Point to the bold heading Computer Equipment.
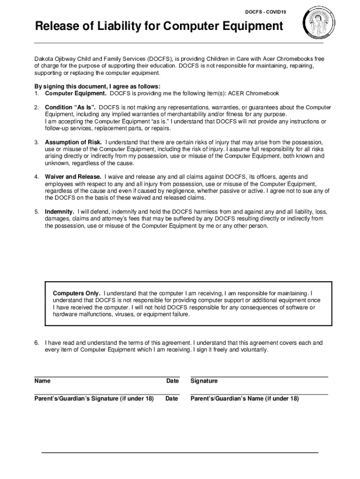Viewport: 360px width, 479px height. pos(76,93)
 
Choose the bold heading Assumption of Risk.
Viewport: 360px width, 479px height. pos(73,142)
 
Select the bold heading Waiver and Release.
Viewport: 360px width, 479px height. pos(73,177)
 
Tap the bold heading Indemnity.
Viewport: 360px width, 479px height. pos(59,211)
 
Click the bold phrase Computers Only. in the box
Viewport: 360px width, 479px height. pos(76,293)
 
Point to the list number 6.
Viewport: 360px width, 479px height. pos(36,343)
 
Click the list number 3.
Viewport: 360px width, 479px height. pos(36,142)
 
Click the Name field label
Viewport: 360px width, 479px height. pos(43,381)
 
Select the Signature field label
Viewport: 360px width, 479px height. pos(204,381)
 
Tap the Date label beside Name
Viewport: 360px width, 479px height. pos(173,381)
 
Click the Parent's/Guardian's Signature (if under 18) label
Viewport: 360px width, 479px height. pos(94,399)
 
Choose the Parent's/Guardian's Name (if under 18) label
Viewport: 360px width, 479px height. pos(245,399)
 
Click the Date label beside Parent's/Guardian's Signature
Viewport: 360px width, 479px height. pos(172,399)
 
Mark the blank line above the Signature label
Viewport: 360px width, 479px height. pos(259,377)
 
